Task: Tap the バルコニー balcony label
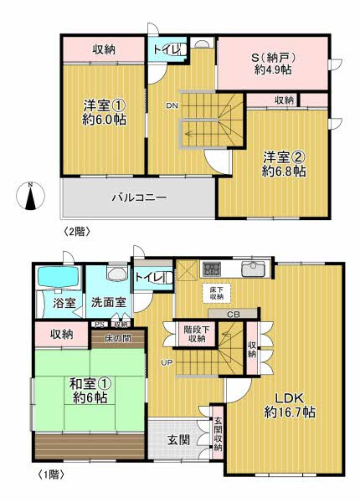139,198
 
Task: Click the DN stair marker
172,105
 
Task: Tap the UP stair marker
167,361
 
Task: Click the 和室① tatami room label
90,390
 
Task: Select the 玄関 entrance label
177,438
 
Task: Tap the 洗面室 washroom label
109,302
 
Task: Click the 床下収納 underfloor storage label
215,291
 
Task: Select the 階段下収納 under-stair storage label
198,334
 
